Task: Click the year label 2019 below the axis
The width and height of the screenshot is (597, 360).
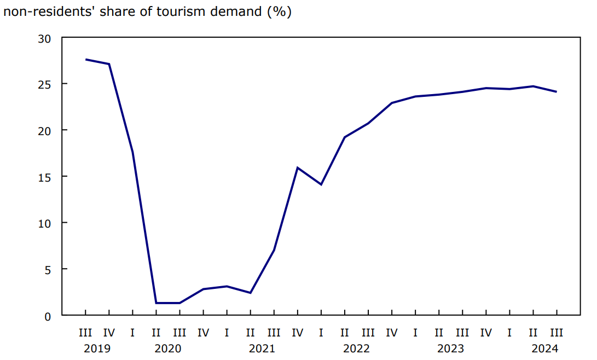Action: click(x=97, y=349)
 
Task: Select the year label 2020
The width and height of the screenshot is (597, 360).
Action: click(x=168, y=349)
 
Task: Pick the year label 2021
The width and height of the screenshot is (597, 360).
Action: click(x=262, y=349)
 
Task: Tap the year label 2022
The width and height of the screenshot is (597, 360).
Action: click(x=356, y=349)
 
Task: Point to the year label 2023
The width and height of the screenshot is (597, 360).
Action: click(x=450, y=349)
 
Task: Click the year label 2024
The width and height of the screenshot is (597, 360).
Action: click(x=544, y=349)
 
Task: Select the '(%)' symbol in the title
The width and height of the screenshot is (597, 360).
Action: click(x=279, y=11)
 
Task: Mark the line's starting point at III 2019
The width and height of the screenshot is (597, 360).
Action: click(x=86, y=59)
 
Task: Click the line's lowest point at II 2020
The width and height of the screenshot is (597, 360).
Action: click(x=157, y=303)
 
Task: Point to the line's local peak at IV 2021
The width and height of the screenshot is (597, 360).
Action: click(x=297, y=167)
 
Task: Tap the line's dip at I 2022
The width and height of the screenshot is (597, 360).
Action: click(x=321, y=184)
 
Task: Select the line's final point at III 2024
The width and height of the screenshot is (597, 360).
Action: click(x=556, y=91)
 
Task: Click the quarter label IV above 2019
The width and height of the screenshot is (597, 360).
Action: click(x=109, y=332)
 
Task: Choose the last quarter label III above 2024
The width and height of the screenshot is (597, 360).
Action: click(x=556, y=332)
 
